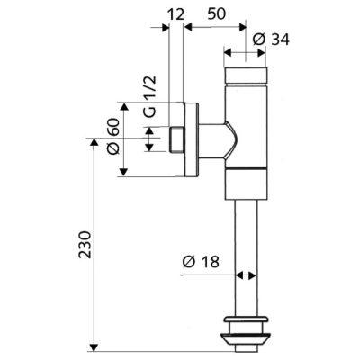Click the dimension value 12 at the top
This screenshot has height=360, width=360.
[175, 14]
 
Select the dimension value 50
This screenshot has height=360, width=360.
[216, 13]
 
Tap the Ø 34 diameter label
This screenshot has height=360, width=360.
[271, 40]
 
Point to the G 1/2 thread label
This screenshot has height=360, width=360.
[149, 96]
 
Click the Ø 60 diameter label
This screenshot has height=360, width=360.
[113, 136]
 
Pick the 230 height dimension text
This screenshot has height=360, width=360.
[85, 245]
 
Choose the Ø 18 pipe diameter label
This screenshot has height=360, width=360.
[201, 262]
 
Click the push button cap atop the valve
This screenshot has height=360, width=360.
[246, 76]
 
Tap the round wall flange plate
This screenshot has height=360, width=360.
[191, 139]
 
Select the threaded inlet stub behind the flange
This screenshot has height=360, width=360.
[176, 139]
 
